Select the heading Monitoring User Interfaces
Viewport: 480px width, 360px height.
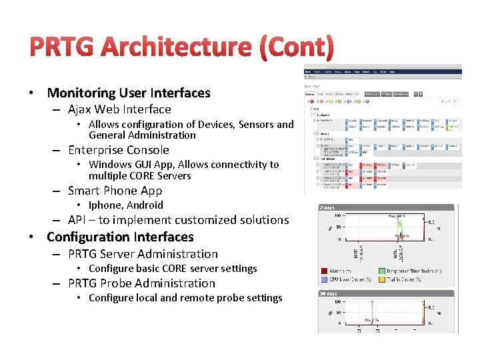(129, 93)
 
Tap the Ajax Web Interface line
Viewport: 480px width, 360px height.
(119, 109)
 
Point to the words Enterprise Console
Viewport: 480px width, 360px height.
(119, 150)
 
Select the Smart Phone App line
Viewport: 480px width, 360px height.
(115, 191)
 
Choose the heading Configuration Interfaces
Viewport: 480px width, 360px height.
(120, 237)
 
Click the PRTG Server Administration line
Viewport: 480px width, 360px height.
(143, 254)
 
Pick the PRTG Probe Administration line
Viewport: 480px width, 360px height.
(141, 283)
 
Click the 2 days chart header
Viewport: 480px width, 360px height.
(328, 207)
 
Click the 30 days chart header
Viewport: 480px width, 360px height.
(329, 293)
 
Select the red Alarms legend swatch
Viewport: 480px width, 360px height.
(324, 271)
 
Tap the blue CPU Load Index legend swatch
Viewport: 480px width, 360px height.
(324, 279)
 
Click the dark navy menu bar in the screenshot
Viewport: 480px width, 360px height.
(383, 71)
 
